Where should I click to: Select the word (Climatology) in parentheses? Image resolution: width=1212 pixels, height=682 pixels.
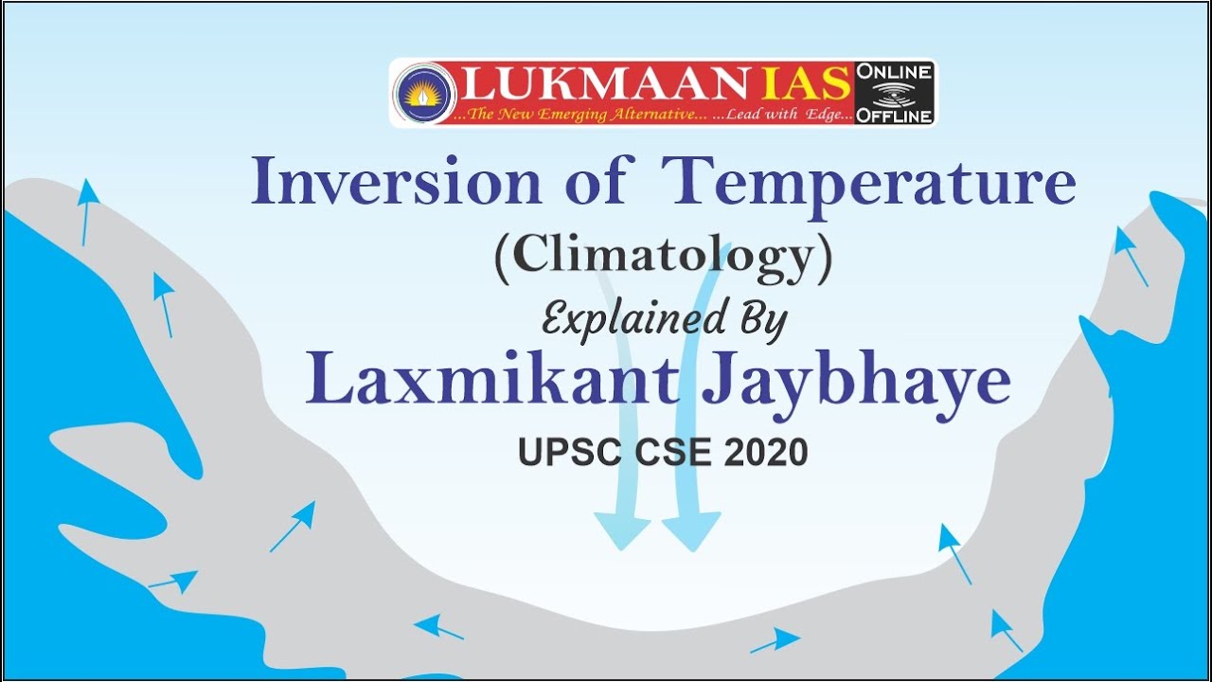click(x=663, y=258)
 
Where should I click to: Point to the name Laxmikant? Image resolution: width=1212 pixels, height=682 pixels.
click(x=492, y=382)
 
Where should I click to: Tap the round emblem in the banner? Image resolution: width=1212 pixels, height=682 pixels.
click(x=424, y=93)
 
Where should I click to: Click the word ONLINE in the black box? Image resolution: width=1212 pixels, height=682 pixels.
click(x=894, y=72)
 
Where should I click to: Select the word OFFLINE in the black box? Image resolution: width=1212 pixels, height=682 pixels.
click(x=894, y=117)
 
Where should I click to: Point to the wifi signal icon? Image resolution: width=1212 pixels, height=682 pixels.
click(x=894, y=95)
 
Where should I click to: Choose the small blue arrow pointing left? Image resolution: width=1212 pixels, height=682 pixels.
click(x=437, y=627)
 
